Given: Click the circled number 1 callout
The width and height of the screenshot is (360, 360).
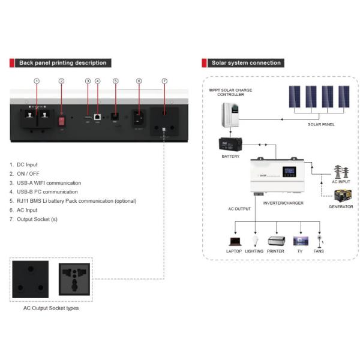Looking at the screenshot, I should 37,81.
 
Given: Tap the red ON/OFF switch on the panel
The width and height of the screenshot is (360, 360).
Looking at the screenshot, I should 61,120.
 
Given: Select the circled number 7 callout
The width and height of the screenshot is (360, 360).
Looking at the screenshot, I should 165,81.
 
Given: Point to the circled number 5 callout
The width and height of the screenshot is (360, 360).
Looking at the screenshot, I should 115,81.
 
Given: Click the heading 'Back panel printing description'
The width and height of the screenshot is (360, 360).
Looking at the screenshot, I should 62,62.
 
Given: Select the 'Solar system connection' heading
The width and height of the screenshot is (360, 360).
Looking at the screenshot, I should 245,62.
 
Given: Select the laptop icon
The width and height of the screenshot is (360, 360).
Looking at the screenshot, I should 234,241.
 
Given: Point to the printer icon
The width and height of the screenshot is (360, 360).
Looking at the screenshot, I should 275,241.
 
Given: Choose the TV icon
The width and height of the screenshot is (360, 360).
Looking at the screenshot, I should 300,241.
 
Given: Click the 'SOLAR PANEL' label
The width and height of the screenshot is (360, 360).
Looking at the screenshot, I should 320,124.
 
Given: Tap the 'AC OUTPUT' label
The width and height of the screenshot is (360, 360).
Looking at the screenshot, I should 239,209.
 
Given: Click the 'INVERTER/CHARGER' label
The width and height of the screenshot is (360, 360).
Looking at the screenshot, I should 283,203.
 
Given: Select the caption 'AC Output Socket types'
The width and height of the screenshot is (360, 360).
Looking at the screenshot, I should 50,308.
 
